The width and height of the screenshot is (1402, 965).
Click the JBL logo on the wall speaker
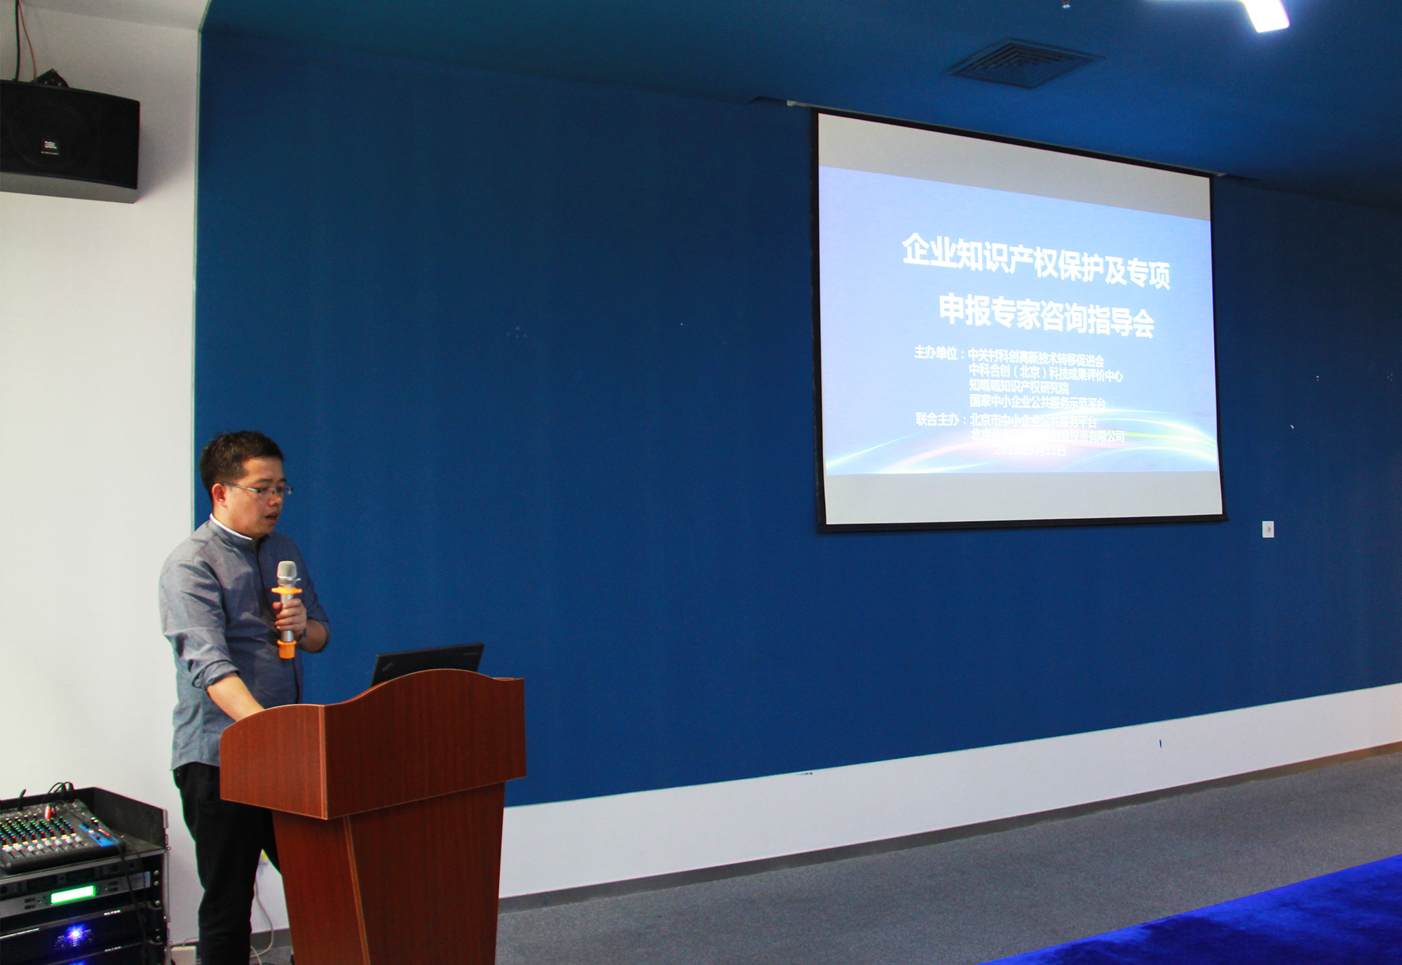[50, 145]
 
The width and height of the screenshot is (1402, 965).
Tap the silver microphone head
[286, 573]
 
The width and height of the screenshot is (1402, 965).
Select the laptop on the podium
[427, 663]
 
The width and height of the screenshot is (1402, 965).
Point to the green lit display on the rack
[73, 893]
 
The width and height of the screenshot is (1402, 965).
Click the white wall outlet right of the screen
[1267, 529]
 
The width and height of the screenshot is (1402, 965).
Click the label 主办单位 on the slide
[936, 352]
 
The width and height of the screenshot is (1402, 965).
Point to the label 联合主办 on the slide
[937, 419]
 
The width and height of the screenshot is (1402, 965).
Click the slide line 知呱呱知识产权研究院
[1019, 386]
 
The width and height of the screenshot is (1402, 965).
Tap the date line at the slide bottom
[1030, 450]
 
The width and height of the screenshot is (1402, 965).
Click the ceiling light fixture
[1265, 14]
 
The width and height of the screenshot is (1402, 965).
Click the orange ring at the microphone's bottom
[286, 649]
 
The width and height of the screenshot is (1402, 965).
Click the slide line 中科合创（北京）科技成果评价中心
[1045, 374]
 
